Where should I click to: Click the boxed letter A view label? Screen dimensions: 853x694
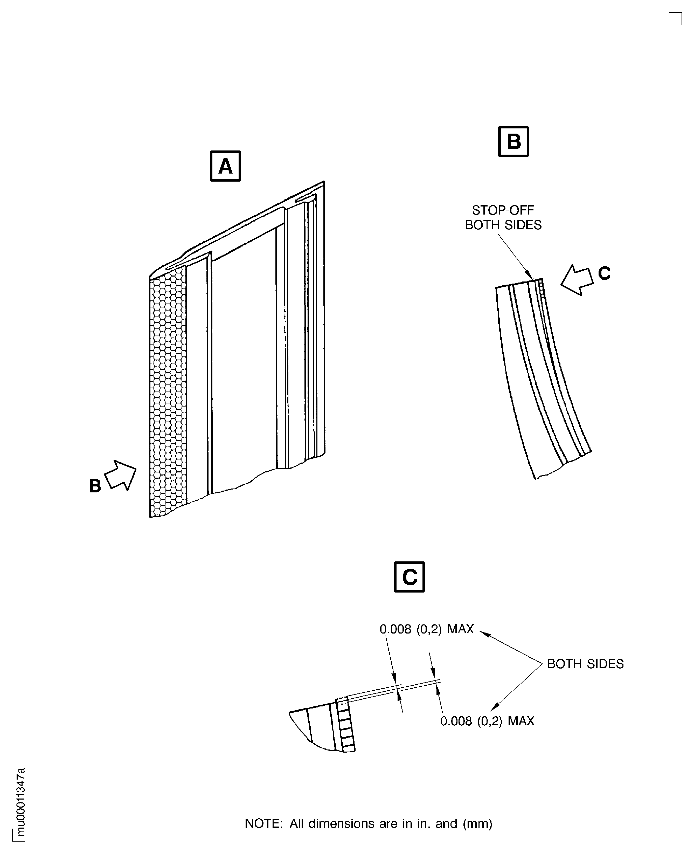tap(225, 166)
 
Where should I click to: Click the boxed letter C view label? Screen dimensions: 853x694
tap(409, 577)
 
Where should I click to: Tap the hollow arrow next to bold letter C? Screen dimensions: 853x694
tap(577, 280)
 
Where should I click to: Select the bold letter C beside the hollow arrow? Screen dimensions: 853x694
tap(604, 273)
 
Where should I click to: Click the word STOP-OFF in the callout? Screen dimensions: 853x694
tap(503, 210)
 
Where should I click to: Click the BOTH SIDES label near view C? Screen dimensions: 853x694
tap(585, 664)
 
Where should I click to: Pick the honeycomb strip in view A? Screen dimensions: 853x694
tap(168, 392)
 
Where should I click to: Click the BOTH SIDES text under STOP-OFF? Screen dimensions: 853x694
tap(503, 225)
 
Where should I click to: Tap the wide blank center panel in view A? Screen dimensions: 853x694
tap(244, 360)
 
